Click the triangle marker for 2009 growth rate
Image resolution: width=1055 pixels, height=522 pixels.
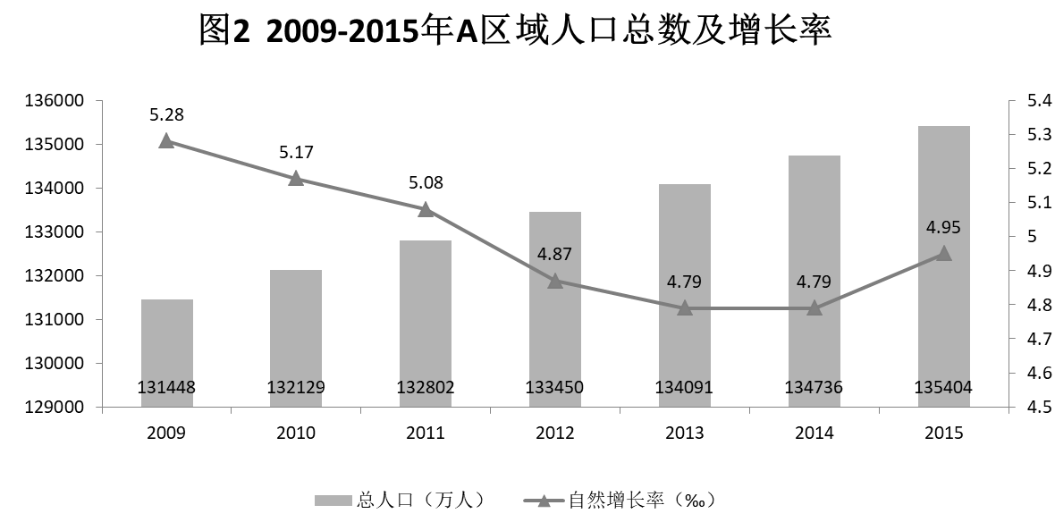166,140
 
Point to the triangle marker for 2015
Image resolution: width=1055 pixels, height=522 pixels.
943,253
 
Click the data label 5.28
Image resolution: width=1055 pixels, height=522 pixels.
166,114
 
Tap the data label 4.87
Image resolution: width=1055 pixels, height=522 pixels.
555,254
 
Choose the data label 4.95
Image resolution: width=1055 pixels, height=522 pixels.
943,227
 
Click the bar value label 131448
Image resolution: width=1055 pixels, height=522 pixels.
166,388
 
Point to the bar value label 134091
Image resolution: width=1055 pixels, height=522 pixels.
685,388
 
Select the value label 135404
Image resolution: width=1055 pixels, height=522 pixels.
943,388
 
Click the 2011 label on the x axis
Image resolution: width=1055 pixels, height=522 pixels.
426,434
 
